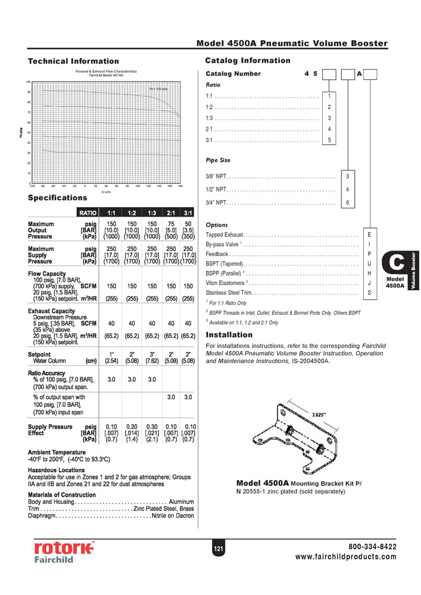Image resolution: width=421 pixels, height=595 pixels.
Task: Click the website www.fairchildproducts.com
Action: coord(345,557)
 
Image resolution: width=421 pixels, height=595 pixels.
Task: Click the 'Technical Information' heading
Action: coord(73,61)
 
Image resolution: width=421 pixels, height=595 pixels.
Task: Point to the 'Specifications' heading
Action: coord(57,198)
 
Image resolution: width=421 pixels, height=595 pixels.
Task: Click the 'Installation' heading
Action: coord(229,335)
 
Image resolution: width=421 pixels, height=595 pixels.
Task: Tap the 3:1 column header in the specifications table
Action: coord(188,212)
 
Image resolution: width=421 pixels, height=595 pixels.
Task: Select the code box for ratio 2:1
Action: coord(329,128)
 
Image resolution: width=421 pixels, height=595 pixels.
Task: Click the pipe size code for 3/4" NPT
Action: coord(348,203)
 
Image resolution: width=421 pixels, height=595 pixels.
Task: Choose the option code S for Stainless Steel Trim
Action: coord(369,293)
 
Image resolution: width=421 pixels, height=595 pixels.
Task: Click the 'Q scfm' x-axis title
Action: coord(105,192)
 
